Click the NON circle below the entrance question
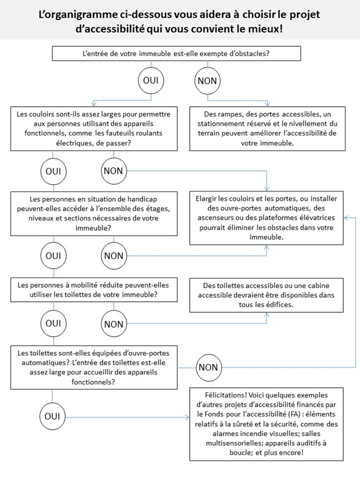pyautogui.click(x=207, y=81)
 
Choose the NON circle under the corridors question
pyautogui.click(x=114, y=171)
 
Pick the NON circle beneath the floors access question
pyautogui.click(x=114, y=254)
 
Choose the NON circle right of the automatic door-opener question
pyautogui.click(x=207, y=367)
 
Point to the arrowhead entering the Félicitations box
pyautogui.click(x=187, y=417)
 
